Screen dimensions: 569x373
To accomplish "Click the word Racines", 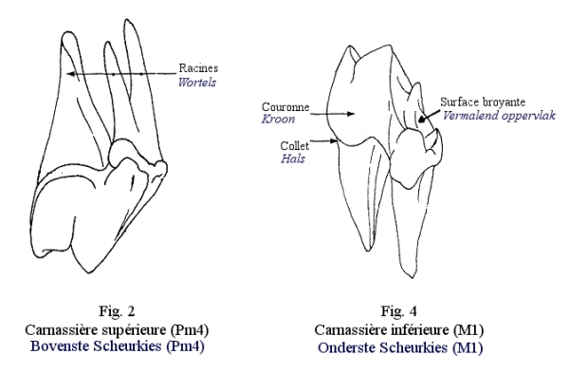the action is pyautogui.click(x=198, y=68).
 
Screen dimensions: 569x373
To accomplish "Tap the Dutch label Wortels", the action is pyautogui.click(x=197, y=83).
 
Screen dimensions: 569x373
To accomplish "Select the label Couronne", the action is pyautogui.click(x=285, y=107).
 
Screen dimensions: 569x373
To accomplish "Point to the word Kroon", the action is pyautogui.click(x=278, y=120).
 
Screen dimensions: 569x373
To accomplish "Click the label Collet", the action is pyautogui.click(x=295, y=146).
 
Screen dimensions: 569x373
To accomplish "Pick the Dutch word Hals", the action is pyautogui.click(x=293, y=159).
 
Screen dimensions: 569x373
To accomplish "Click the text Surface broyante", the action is pyautogui.click(x=483, y=103).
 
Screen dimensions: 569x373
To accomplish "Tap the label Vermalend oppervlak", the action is pyautogui.click(x=499, y=116).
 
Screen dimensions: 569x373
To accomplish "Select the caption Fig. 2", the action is pyautogui.click(x=117, y=311).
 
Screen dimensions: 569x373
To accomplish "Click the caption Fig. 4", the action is pyautogui.click(x=398, y=311).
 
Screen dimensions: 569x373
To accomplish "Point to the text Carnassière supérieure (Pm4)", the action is pyautogui.click(x=117, y=329).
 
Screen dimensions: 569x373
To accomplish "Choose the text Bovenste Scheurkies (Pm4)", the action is pyautogui.click(x=117, y=345).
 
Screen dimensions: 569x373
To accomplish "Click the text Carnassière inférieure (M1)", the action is pyautogui.click(x=399, y=329).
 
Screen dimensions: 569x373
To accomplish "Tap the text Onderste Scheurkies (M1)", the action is pyautogui.click(x=400, y=347).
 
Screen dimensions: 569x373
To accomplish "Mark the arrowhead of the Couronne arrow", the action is pyautogui.click(x=351, y=114).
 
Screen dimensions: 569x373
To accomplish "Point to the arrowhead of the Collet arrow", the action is pyautogui.click(x=335, y=141).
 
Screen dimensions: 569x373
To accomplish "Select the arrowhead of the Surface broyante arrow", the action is pyautogui.click(x=421, y=119).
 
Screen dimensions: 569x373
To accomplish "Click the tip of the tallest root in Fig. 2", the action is pyautogui.click(x=127, y=19).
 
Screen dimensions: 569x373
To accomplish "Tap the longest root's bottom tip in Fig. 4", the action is pyautogui.click(x=412, y=278).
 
